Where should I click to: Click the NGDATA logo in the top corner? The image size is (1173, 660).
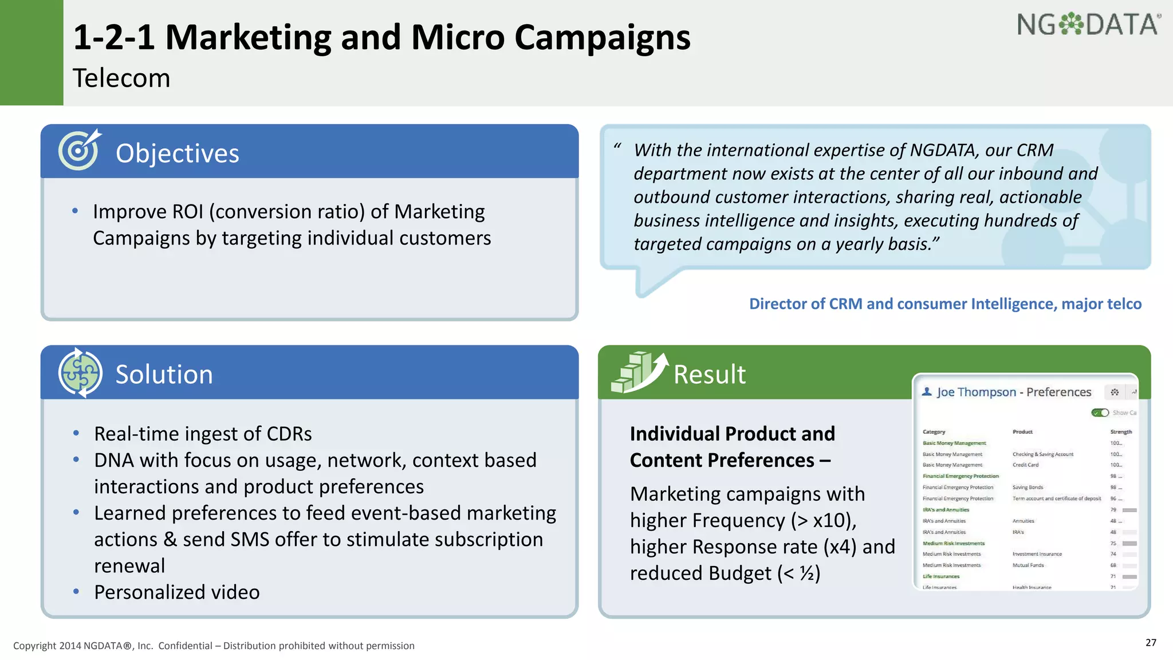click(x=1088, y=25)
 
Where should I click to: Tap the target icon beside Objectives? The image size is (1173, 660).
click(x=79, y=150)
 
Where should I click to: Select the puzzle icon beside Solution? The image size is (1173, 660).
click(x=80, y=373)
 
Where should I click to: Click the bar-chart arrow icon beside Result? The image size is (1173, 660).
click(x=639, y=372)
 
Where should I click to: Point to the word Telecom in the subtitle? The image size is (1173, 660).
click(x=121, y=78)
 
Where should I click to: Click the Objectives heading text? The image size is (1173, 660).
click(x=177, y=154)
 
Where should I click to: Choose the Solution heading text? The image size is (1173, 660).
click(x=164, y=375)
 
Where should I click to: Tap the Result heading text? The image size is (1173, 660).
click(x=709, y=375)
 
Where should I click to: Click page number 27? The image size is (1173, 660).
click(x=1151, y=642)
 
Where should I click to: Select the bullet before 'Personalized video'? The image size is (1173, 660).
click(x=76, y=591)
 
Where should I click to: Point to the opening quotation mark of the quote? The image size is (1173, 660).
click(x=617, y=147)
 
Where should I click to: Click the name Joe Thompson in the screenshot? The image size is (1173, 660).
click(x=976, y=392)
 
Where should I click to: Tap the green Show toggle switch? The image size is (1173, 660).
click(x=1100, y=412)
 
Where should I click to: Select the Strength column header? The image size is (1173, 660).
click(x=1121, y=432)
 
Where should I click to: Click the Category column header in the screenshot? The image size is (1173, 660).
click(x=934, y=432)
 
